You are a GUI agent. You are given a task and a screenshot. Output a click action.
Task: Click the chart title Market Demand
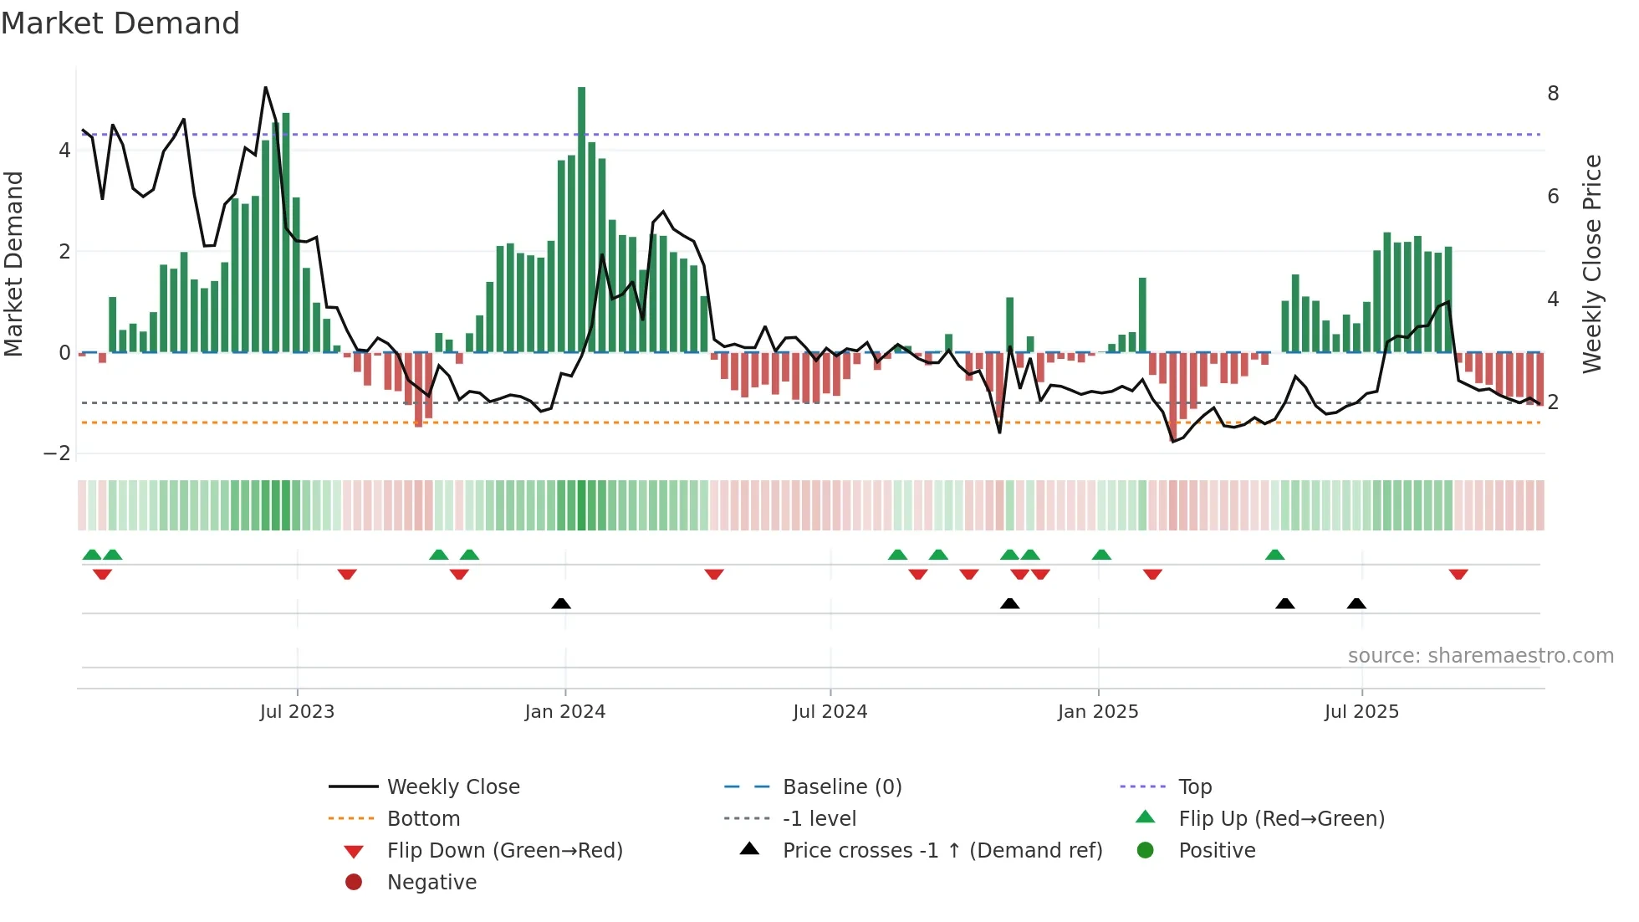(120, 23)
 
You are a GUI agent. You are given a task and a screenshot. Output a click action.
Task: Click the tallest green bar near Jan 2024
(581, 218)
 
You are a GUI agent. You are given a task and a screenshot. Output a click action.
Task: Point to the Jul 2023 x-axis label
(297, 712)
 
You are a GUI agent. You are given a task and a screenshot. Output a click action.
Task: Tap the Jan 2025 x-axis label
(1098, 712)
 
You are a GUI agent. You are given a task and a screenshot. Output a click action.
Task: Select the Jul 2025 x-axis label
(1361, 712)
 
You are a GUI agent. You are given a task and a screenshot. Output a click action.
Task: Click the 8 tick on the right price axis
(1553, 94)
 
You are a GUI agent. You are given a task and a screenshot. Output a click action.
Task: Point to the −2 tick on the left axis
(58, 453)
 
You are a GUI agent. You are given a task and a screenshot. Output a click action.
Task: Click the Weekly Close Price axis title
(1592, 264)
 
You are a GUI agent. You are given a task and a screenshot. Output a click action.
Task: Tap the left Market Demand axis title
(14, 264)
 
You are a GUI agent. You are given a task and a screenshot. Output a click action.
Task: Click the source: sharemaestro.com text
(1480, 656)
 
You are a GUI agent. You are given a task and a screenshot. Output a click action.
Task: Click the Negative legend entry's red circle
(354, 883)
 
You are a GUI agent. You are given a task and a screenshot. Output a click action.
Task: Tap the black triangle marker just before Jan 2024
(561, 604)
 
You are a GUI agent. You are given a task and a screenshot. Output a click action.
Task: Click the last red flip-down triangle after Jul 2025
(1458, 575)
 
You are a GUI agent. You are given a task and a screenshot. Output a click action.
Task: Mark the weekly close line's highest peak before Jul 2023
(266, 88)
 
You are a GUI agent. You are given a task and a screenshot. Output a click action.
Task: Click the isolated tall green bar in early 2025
(1142, 315)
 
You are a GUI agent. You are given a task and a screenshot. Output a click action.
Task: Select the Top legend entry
(1195, 787)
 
